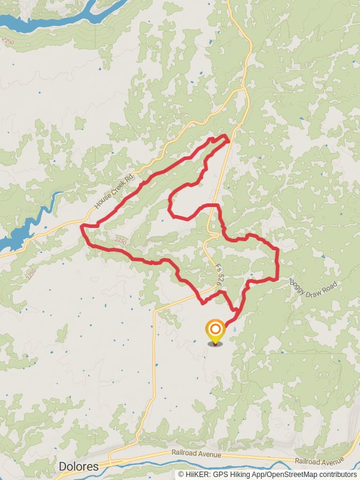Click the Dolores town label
[79, 466]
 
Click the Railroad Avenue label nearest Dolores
[196, 455]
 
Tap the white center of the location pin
[215, 329]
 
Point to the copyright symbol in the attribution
[181, 475]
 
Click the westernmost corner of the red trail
[82, 226]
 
